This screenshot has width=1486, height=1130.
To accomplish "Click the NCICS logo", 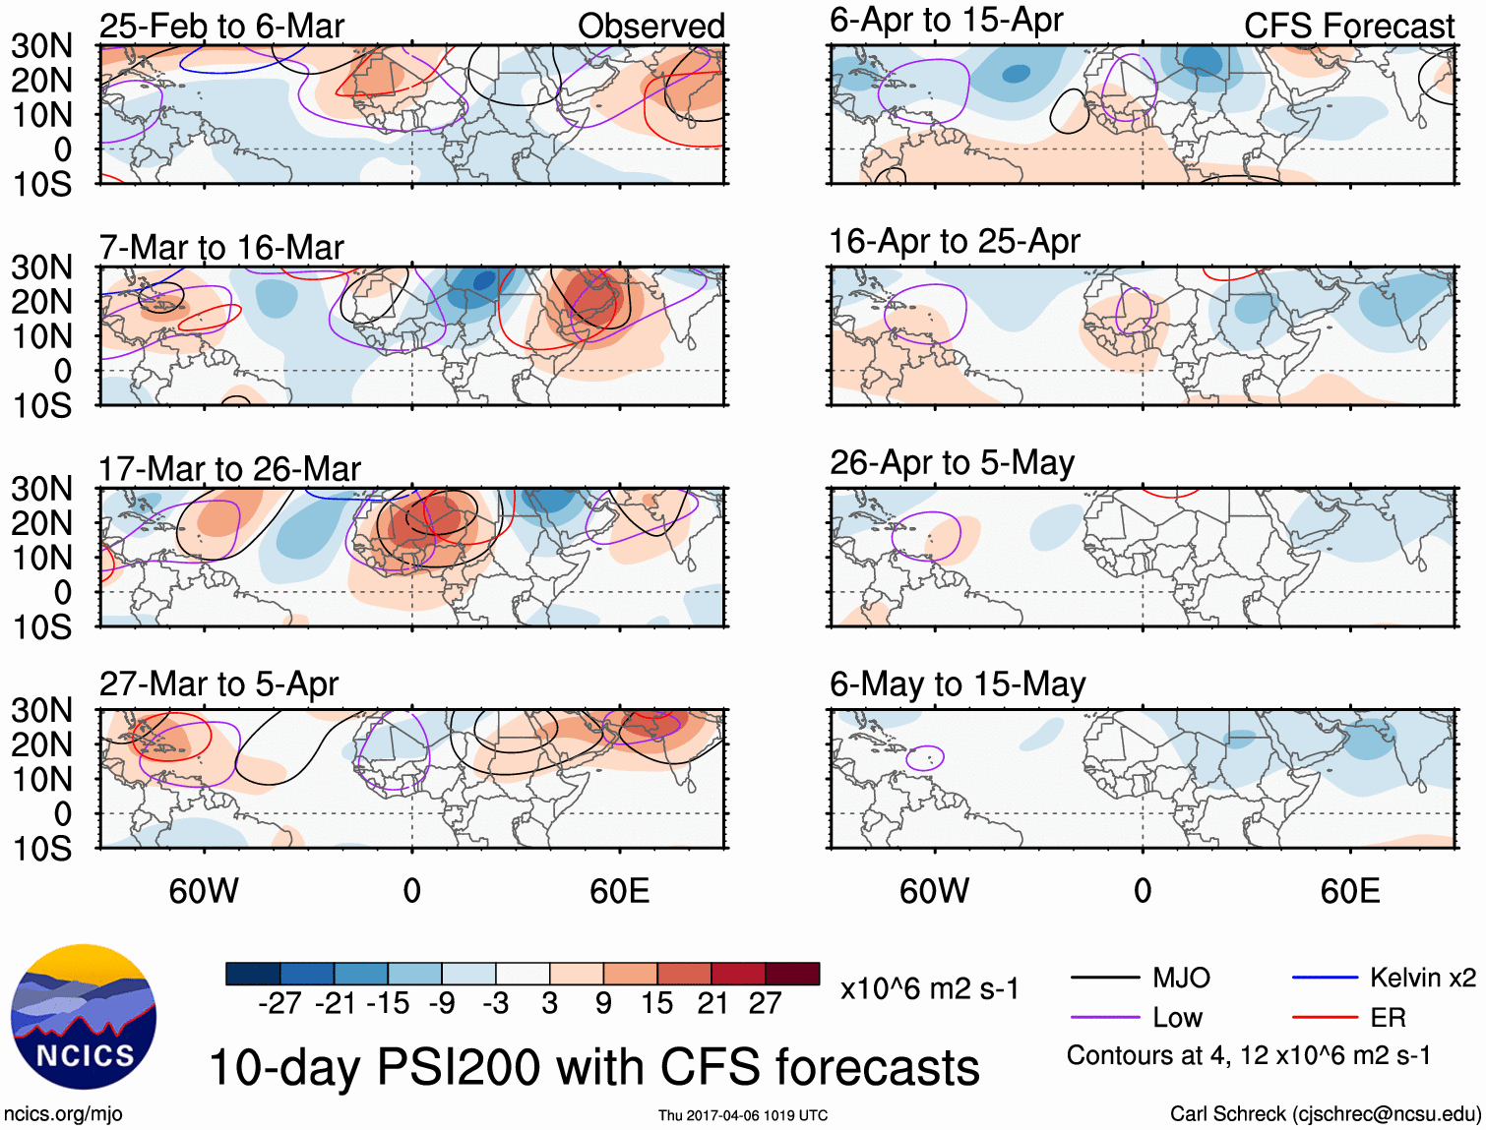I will pyautogui.click(x=84, y=1016).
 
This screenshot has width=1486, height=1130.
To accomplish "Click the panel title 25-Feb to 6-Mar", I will pyautogui.click(x=221, y=26).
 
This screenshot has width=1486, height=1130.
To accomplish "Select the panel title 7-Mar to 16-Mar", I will pyautogui.click(x=221, y=247).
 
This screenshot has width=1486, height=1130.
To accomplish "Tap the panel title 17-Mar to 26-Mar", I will pyautogui.click(x=229, y=469).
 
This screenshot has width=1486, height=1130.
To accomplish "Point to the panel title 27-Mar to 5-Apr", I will pyautogui.click(x=218, y=684).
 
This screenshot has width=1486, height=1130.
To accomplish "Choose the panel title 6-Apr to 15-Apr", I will pyautogui.click(x=946, y=20).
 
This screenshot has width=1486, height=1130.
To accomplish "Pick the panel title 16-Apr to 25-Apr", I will pyautogui.click(x=954, y=241).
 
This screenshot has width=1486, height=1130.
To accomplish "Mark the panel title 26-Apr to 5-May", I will pyautogui.click(x=952, y=462).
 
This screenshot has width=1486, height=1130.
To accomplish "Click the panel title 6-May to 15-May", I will pyautogui.click(x=957, y=684).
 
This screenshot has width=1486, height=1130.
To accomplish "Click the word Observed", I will pyautogui.click(x=650, y=26).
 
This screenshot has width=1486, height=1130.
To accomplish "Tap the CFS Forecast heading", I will pyautogui.click(x=1348, y=26).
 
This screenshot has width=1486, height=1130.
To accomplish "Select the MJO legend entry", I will pyautogui.click(x=1181, y=978).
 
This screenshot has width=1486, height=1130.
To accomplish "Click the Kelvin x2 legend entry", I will pyautogui.click(x=1422, y=978).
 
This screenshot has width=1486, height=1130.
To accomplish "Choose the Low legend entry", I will pyautogui.click(x=1177, y=1018).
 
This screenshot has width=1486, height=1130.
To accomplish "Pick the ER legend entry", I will pyautogui.click(x=1388, y=1018).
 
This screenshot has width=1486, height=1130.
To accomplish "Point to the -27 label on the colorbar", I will pyautogui.click(x=279, y=1003).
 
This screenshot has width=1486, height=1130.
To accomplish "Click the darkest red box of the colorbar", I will pyautogui.click(x=792, y=974).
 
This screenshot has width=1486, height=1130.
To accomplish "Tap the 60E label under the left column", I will pyautogui.click(x=619, y=891).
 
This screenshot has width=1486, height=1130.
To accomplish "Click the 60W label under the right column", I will pyautogui.click(x=934, y=891).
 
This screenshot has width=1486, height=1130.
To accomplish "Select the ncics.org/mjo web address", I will pyautogui.click(x=63, y=1113).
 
